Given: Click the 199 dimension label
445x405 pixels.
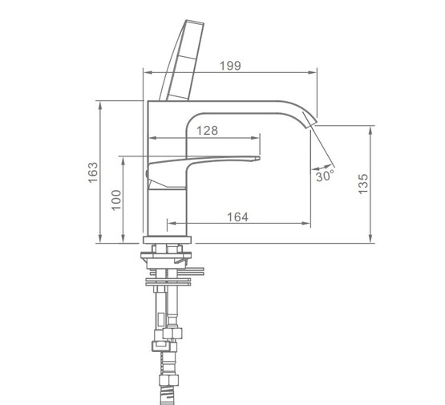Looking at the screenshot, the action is (x=230, y=66).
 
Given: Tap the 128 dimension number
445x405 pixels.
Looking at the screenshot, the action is (x=207, y=131).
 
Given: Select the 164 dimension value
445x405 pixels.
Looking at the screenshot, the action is (x=237, y=217).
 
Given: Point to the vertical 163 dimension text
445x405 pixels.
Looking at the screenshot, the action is (x=93, y=172).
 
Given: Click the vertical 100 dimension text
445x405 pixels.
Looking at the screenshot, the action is (x=116, y=200).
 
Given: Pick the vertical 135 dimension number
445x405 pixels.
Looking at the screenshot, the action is (x=362, y=184).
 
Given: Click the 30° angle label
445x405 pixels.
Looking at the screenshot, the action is (x=325, y=176).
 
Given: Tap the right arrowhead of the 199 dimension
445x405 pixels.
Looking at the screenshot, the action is (x=312, y=72).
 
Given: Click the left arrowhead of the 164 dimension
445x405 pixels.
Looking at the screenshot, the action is (x=172, y=224).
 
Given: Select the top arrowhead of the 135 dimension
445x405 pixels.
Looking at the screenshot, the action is (x=370, y=131).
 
